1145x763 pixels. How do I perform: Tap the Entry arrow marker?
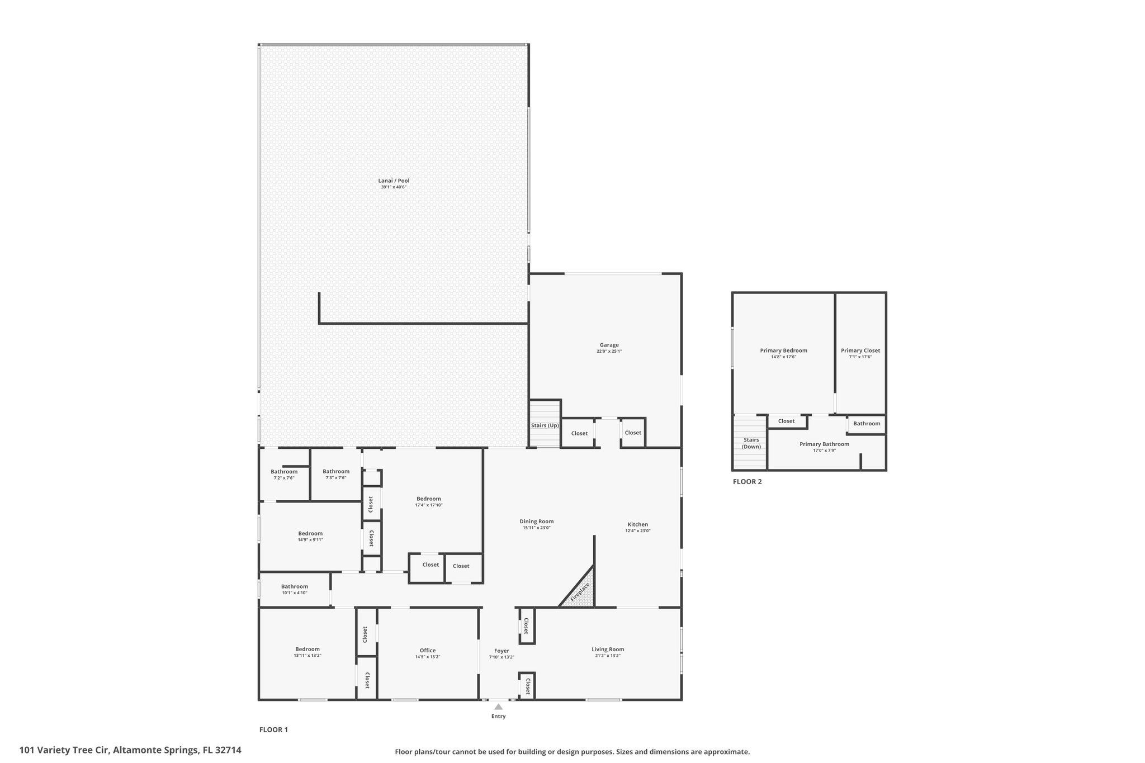click(498, 707)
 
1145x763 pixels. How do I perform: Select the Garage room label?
click(609, 345)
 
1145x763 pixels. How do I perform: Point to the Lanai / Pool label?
click(394, 181)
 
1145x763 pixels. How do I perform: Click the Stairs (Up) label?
click(545, 425)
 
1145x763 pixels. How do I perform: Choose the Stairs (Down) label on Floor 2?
click(751, 443)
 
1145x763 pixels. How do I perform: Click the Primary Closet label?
click(860, 350)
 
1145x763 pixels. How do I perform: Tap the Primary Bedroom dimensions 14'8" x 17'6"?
click(783, 357)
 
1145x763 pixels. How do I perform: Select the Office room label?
click(428, 650)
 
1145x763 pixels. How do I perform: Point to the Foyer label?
click(501, 651)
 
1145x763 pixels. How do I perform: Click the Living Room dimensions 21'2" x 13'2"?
click(608, 655)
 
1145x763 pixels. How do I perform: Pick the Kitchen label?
click(637, 524)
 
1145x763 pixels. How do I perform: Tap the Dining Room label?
click(537, 522)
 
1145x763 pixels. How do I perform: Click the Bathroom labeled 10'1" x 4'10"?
click(294, 586)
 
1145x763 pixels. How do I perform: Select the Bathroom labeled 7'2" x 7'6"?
click(284, 472)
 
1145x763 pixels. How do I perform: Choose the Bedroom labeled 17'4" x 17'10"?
click(429, 499)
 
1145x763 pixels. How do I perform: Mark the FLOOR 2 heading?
click(747, 481)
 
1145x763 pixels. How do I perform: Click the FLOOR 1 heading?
click(273, 729)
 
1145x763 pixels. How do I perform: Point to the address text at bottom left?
click(130, 750)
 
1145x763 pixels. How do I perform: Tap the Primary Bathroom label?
click(824, 444)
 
